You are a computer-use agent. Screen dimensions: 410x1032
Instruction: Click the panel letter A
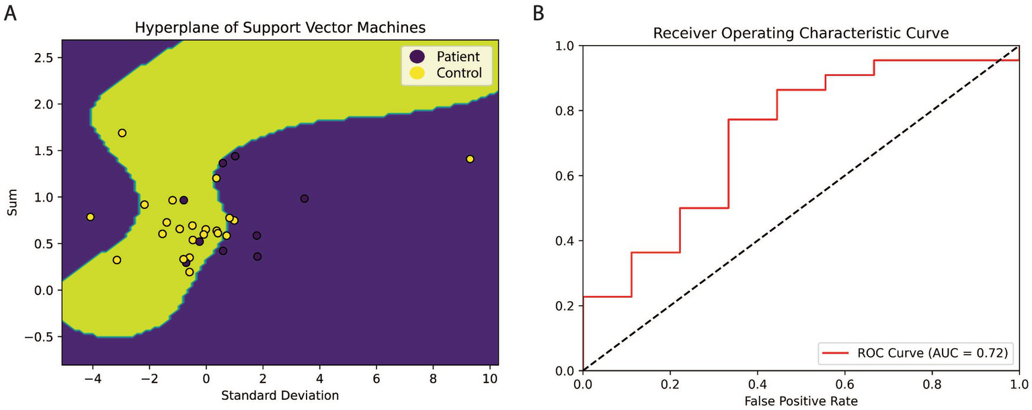coord(9,13)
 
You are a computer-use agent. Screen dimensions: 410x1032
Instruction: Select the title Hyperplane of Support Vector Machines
coord(280,28)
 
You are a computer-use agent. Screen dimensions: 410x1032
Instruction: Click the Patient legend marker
coord(417,56)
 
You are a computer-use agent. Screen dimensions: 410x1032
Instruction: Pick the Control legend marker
coord(417,73)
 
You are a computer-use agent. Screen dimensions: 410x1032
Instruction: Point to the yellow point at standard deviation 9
coord(470,159)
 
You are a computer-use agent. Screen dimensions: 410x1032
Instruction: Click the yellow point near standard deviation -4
coord(90,217)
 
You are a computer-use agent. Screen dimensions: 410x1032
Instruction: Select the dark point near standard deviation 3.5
coord(305,199)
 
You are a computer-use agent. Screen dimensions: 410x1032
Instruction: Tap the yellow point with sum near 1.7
coord(122,133)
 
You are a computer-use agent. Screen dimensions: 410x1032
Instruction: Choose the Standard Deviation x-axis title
coord(280,395)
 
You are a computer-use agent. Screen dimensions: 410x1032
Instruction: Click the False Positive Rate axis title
coord(801,402)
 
